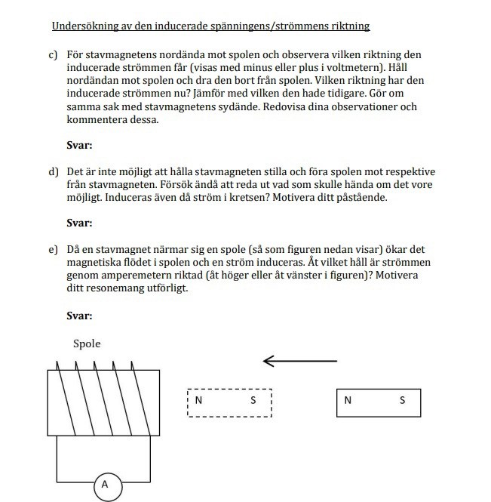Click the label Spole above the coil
click(x=87, y=343)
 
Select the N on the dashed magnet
click(x=198, y=401)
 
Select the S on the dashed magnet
click(x=253, y=401)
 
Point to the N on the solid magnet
click(x=348, y=400)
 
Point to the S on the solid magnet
click(x=403, y=400)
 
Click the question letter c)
click(x=53, y=55)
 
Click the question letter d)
click(x=53, y=171)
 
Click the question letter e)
click(x=53, y=249)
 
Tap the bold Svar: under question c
click(x=79, y=146)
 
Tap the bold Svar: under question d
click(x=79, y=223)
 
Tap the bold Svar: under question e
click(x=79, y=315)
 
